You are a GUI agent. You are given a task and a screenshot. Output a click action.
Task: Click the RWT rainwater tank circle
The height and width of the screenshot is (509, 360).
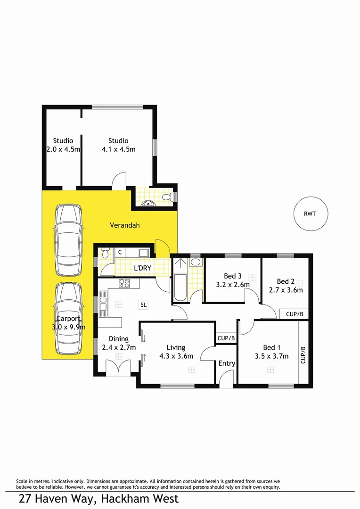(310, 213)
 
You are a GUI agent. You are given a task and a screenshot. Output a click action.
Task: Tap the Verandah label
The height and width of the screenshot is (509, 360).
(125, 225)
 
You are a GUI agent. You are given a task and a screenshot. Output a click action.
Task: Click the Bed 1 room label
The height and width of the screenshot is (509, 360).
(271, 347)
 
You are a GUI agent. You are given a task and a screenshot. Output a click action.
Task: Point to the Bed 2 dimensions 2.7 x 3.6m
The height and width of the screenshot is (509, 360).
(286, 290)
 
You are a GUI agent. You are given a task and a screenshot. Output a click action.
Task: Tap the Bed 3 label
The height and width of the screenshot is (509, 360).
(232, 276)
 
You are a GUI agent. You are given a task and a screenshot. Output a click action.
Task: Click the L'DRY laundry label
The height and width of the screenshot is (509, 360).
(142, 268)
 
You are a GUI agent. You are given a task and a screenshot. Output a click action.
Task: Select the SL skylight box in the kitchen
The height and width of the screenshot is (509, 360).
(143, 304)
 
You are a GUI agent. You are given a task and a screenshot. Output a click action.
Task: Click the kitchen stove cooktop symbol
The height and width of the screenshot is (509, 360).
(124, 283)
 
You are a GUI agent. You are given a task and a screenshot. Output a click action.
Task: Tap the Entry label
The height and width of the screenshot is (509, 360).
(227, 363)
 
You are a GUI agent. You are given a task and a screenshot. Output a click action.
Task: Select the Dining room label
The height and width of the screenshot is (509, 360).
(118, 339)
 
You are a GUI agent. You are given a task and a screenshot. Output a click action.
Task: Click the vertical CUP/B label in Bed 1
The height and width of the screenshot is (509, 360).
(303, 354)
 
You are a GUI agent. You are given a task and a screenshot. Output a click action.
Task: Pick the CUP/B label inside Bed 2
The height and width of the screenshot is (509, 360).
(294, 314)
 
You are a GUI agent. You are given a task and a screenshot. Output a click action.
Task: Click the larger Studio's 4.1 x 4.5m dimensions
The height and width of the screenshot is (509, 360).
(118, 149)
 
